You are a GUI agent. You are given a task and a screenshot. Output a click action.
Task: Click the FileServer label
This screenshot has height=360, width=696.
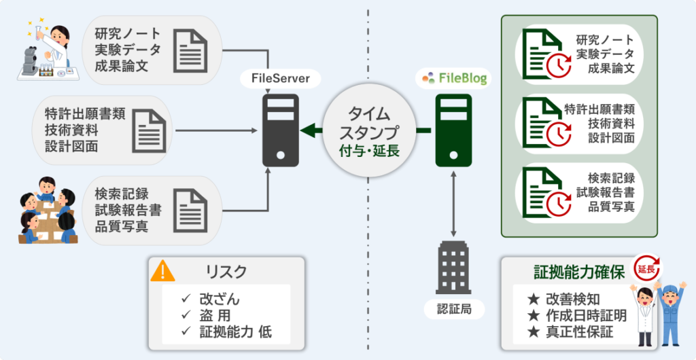tap(281, 79)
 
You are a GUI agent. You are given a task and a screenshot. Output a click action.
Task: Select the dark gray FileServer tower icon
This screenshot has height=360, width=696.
tap(281, 131)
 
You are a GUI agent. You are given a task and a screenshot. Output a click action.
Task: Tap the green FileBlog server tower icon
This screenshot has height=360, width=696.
tap(453, 131)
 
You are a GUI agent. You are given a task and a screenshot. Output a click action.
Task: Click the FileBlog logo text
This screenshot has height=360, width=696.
tap(453, 78)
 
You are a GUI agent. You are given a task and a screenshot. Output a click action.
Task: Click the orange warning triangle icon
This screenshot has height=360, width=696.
tap(162, 271)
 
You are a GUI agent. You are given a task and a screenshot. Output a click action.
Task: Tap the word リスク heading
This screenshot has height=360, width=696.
tap(226, 272)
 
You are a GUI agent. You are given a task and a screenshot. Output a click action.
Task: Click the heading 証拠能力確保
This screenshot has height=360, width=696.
tap(578, 272)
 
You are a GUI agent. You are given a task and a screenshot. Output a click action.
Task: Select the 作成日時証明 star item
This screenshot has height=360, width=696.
tap(577, 315)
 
